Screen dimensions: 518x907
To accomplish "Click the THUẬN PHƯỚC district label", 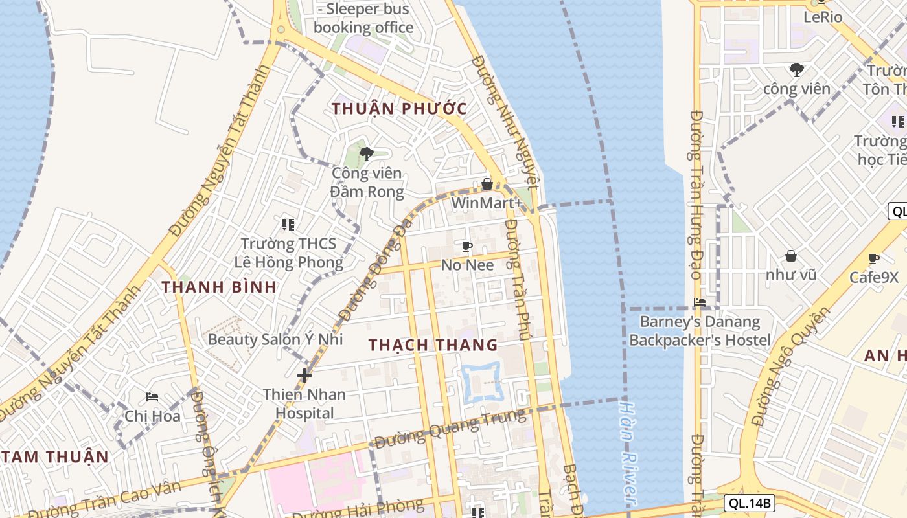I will click(399, 108).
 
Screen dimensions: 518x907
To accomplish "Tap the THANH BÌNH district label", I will click(219, 287).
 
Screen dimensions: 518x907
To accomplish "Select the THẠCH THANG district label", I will click(433, 345).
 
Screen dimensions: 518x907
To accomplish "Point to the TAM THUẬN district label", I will click(54, 456).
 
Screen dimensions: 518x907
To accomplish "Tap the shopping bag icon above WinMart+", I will click(487, 185).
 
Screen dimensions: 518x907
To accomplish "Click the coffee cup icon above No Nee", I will click(466, 247).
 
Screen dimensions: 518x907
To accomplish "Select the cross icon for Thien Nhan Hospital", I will click(304, 375).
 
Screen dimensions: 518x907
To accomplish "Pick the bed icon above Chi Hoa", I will click(152, 397).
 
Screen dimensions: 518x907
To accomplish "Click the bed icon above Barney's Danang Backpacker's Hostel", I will click(700, 302).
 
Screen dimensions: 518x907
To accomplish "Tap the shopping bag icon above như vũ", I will click(790, 256).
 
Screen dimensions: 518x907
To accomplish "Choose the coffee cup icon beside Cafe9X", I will click(874, 259).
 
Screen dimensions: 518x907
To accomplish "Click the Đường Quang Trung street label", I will click(450, 429).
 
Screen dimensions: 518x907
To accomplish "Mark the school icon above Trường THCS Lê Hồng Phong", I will click(288, 225).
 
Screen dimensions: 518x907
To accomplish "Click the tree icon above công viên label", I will click(796, 70).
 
